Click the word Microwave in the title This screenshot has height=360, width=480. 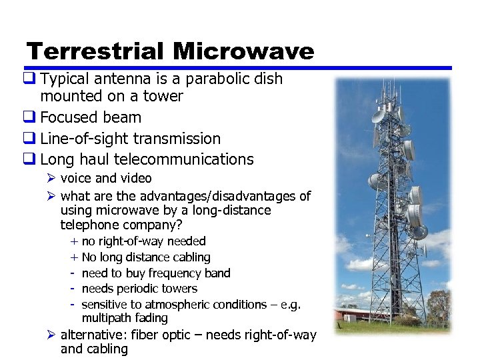click(x=243, y=51)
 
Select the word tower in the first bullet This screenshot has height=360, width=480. click(x=163, y=96)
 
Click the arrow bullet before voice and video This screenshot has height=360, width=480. click(x=53, y=178)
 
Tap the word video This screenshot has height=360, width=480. click(x=136, y=178)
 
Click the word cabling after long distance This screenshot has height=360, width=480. click(x=190, y=257)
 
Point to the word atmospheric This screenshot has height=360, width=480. click(x=173, y=305)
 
